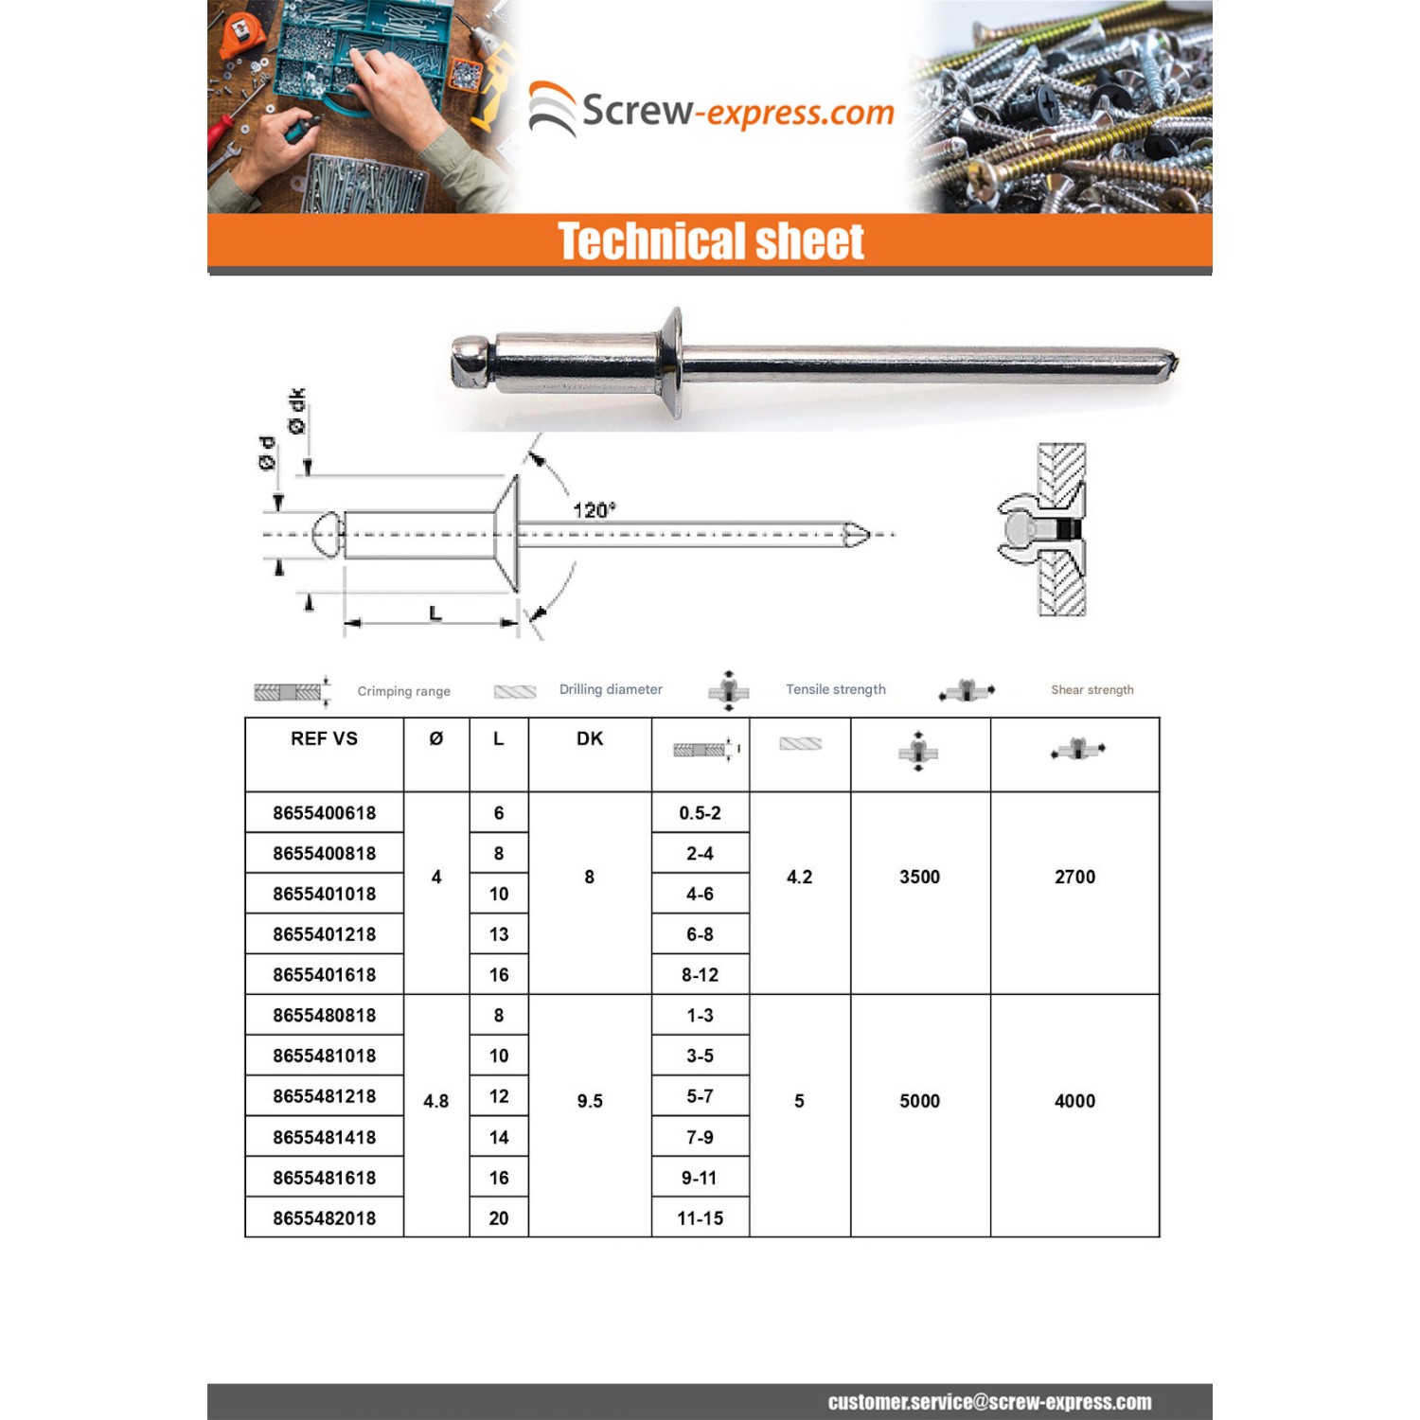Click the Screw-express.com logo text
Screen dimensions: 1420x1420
click(x=737, y=112)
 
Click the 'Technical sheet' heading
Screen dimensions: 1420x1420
click(x=710, y=241)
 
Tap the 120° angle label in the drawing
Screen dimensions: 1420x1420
click(x=594, y=510)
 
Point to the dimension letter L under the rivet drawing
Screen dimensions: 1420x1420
click(x=435, y=613)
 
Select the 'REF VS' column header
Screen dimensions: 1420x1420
click(x=324, y=738)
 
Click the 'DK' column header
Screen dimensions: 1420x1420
click(x=589, y=738)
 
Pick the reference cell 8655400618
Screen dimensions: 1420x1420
click(x=324, y=813)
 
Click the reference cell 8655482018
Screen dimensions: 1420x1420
click(x=324, y=1218)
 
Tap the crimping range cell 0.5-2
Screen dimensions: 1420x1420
click(x=700, y=813)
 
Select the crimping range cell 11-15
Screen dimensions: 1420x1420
click(x=700, y=1218)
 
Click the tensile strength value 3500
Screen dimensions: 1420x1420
click(x=919, y=877)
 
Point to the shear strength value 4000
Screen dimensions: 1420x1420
click(x=1074, y=1101)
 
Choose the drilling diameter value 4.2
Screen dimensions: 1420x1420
click(x=799, y=877)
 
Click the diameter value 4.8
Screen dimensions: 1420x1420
click(x=435, y=1101)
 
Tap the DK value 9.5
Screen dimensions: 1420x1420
click(x=589, y=1101)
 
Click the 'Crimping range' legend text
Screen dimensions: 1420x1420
click(x=403, y=691)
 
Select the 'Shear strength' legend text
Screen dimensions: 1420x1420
click(x=1092, y=689)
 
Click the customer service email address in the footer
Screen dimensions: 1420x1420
click(x=989, y=1402)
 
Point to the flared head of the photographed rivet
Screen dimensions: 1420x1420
click(x=671, y=362)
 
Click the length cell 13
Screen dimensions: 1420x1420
click(x=498, y=934)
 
